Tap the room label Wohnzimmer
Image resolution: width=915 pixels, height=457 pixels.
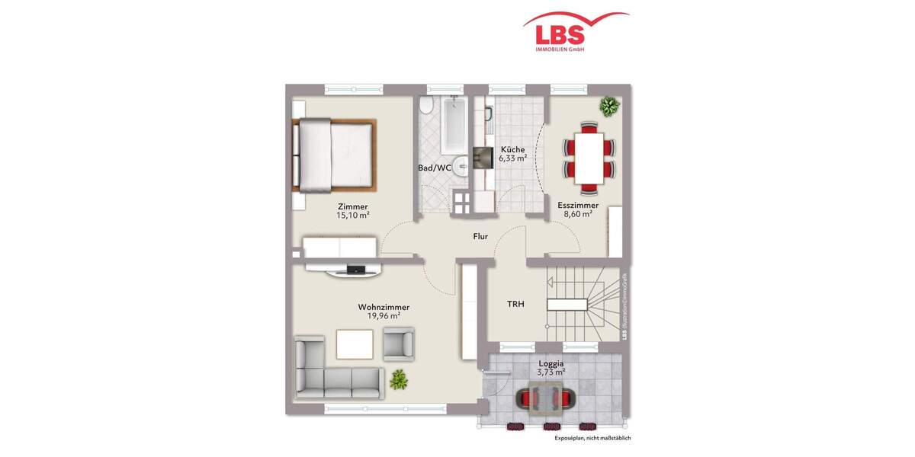[379, 308]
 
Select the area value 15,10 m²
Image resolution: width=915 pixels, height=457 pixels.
[352, 216]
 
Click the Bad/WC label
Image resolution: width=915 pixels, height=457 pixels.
[435, 167]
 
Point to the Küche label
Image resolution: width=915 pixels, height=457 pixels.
[512, 149]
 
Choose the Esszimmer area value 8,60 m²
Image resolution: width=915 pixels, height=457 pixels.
[577, 215]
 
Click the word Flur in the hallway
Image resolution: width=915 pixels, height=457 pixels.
[480, 236]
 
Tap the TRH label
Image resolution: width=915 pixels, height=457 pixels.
[515, 304]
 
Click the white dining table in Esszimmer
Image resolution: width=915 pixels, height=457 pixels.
[588, 157]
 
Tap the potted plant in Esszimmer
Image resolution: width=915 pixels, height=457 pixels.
[608, 107]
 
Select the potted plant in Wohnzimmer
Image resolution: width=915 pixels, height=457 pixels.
[398, 378]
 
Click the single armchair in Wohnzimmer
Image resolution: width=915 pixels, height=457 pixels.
[398, 344]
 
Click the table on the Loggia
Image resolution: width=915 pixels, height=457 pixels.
[548, 398]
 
